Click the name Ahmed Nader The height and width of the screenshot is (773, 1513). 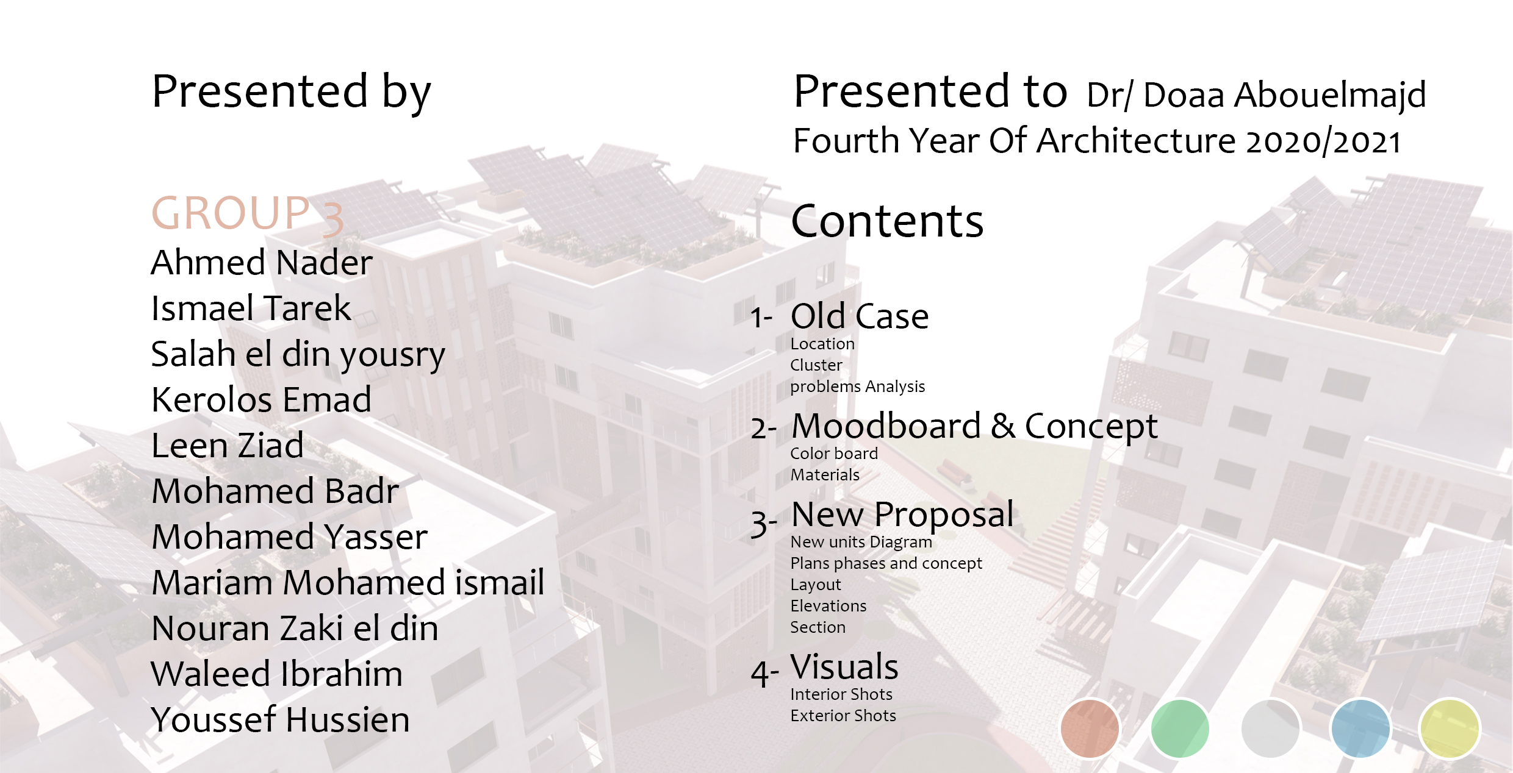[262, 263]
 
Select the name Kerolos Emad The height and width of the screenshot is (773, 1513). [262, 400]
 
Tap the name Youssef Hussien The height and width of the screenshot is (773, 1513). [281, 720]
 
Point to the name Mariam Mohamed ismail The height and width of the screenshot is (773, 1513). [348, 583]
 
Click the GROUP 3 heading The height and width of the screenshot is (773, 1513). [248, 215]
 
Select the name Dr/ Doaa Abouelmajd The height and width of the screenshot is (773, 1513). [1256, 95]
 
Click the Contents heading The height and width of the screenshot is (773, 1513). [888, 221]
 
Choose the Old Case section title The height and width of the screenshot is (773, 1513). [860, 316]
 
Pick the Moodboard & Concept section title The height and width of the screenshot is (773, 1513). [974, 427]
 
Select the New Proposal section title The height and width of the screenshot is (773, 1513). [902, 515]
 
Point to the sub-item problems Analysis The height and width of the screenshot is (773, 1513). [857, 386]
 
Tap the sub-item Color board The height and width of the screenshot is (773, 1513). [834, 454]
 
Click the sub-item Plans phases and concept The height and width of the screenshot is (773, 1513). [886, 564]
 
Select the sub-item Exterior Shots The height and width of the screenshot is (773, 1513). [843, 716]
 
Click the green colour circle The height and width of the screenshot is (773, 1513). [1180, 728]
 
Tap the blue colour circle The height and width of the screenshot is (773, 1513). [1360, 728]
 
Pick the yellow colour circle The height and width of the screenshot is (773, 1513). [1450, 728]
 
